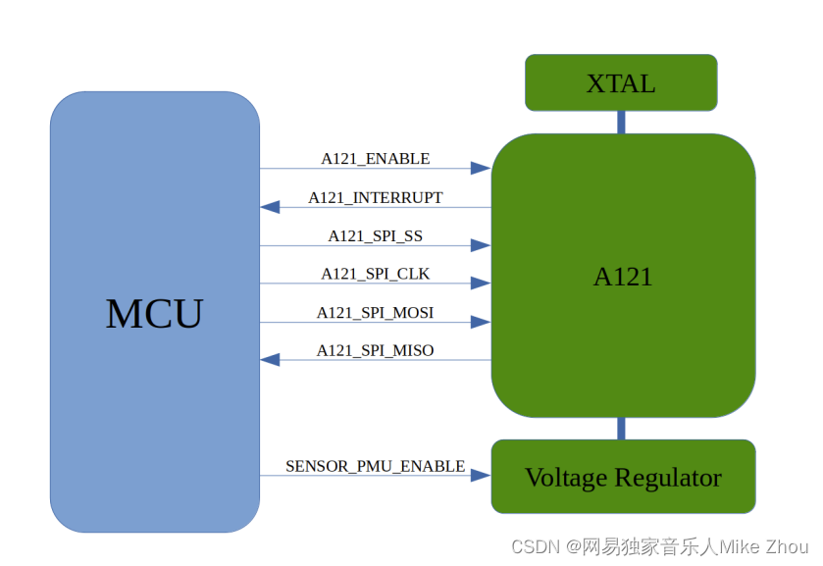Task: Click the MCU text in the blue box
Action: (154, 314)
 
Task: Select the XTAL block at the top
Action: (620, 83)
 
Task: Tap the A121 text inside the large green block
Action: (622, 277)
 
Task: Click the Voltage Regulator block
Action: (623, 478)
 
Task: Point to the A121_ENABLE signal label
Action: (375, 158)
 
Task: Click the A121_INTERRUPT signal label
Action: (375, 197)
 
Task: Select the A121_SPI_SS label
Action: (375, 235)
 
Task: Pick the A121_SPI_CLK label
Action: (375, 274)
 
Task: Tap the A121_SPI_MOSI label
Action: (375, 312)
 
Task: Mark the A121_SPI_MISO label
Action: (375, 350)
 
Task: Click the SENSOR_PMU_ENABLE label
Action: (375, 466)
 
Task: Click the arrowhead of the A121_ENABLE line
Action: (481, 169)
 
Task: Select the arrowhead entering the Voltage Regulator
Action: (481, 476)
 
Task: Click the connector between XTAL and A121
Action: (621, 122)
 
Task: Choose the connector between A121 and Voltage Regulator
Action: (621, 429)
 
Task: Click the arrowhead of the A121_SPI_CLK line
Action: (481, 283)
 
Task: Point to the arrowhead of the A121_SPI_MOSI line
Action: (481, 322)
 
